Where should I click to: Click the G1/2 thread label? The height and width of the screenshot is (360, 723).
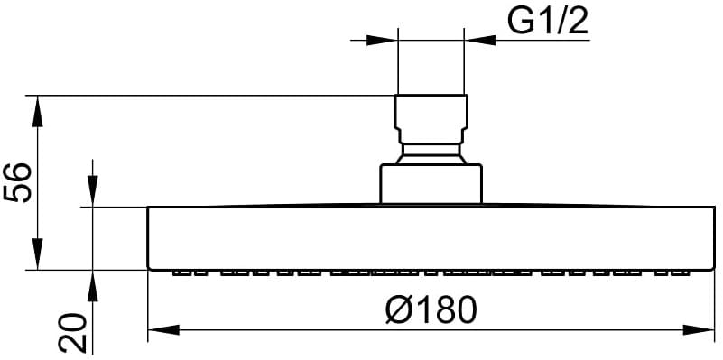coord(548,22)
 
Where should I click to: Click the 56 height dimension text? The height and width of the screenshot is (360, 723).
coord(17,182)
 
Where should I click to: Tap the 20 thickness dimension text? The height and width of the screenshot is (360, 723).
coord(72,333)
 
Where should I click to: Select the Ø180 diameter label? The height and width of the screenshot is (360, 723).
coord(431,309)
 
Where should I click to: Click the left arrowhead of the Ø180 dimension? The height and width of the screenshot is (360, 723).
coord(163,330)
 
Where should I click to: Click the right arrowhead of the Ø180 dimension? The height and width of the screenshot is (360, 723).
coord(699,330)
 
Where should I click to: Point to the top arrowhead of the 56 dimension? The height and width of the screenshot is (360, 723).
coord(38,111)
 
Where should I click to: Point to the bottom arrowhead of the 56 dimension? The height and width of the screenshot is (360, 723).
coord(38,254)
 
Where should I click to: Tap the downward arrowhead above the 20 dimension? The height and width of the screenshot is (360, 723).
coord(93,191)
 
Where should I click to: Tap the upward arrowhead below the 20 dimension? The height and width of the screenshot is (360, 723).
coord(93,286)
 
